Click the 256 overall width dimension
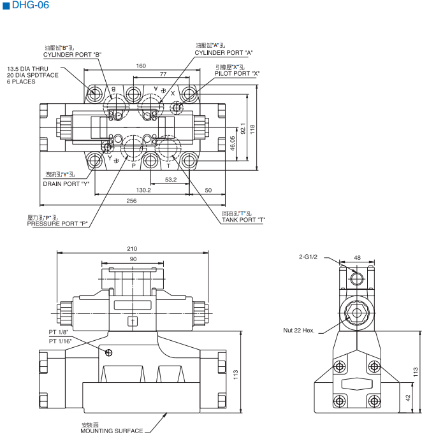pos(131,201)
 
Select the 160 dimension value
pos(141,66)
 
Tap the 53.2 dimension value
pos(171,180)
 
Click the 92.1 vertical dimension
pos(242,128)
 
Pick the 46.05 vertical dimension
pos(233,143)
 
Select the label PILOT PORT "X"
pos(237,73)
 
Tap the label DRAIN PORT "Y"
pos(66,183)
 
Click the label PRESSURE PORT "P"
pos(57,224)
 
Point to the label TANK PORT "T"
pos(243,220)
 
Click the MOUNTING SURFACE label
pos(112,431)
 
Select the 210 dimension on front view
pos(133,248)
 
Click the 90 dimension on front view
pos(133,259)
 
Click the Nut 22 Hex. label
pos(298,330)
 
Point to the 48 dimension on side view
pos(357,257)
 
